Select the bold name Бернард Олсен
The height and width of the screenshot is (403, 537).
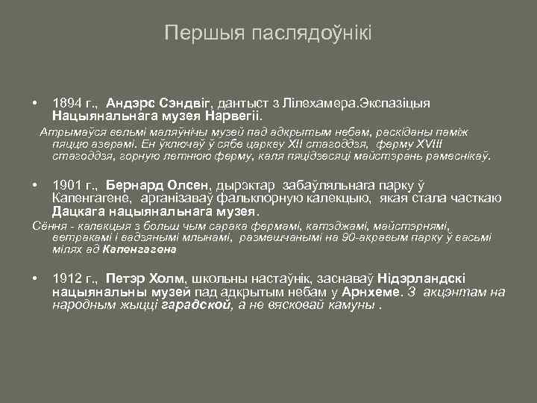(x=159, y=184)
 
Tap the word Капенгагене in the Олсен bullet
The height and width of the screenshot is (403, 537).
(x=92, y=198)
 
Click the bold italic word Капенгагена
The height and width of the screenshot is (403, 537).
(x=139, y=249)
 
